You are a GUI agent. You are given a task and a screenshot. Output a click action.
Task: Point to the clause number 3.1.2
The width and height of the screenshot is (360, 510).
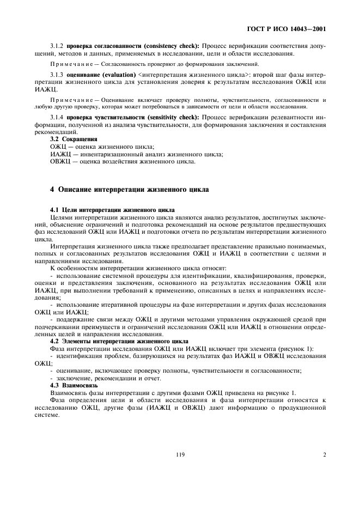tap(57, 46)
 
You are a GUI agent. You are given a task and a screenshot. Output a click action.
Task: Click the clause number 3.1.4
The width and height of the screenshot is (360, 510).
tap(57, 117)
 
